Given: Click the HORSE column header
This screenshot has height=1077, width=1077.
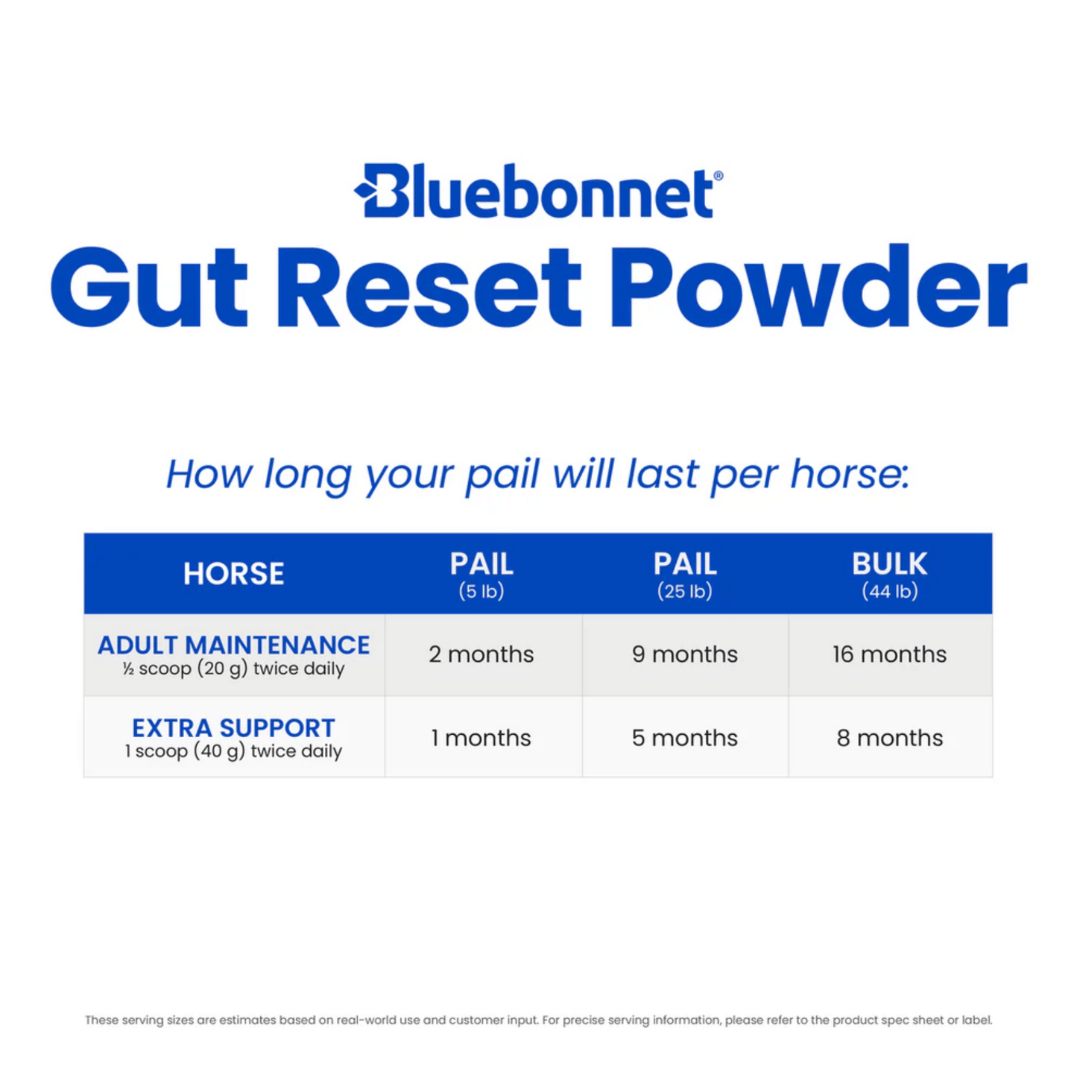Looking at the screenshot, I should pos(234,574).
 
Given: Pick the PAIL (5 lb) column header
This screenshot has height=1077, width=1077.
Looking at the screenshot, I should pos(481,575).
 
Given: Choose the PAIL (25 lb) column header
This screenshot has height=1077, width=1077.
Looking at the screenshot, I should pos(685,575).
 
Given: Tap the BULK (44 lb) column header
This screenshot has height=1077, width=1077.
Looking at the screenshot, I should pos(890,575).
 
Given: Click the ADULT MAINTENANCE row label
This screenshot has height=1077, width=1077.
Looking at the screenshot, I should pos(234,645).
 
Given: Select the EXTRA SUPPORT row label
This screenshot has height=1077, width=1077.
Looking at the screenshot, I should pos(234,728).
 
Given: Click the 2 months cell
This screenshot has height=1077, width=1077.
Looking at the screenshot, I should pos(481,654).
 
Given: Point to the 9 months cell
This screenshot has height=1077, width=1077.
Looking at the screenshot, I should pos(685,654).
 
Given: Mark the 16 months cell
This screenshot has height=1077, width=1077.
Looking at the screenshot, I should pos(890,654).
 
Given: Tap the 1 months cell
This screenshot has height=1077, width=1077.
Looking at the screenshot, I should pos(481,738).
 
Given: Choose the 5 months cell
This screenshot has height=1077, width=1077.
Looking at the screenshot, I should pos(685,738).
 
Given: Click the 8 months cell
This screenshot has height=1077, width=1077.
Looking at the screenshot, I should pos(890,738).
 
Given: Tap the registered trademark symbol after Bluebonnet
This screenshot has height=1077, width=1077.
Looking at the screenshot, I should pos(718,176).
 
